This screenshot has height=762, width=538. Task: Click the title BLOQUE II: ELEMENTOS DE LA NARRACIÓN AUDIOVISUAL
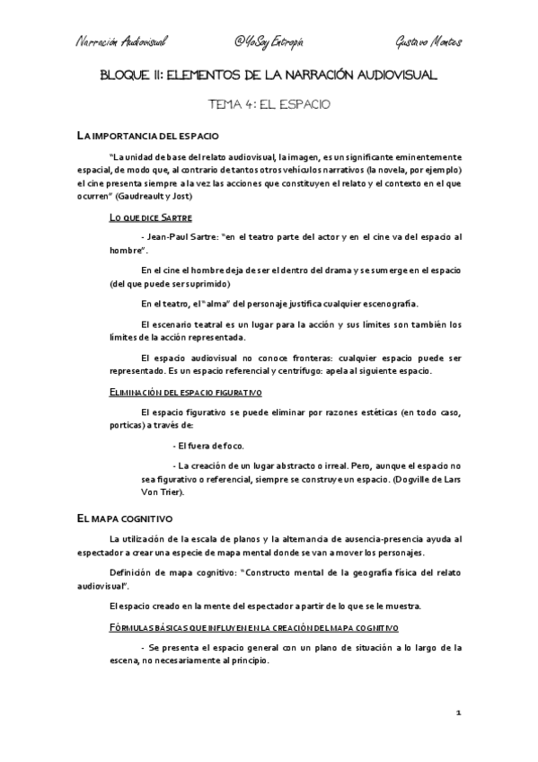(x=269, y=76)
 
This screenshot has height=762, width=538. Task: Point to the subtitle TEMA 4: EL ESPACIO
(x=269, y=104)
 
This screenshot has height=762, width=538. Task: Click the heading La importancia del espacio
(x=147, y=137)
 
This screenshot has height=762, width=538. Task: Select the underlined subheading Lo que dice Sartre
(x=149, y=218)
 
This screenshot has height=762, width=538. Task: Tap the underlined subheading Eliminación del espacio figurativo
(x=185, y=393)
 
